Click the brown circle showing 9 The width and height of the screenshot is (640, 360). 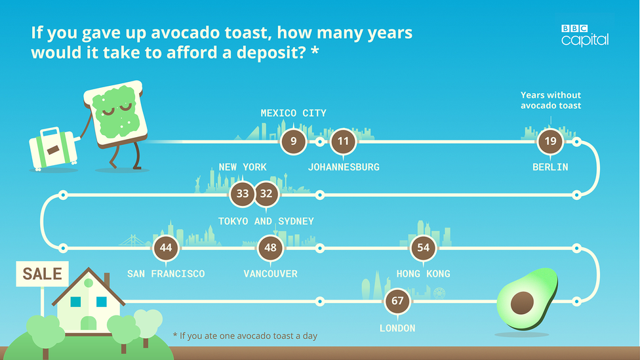click(x=293, y=142)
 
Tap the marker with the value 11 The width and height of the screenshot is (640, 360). click(x=343, y=142)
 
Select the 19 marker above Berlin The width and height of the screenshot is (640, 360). click(x=550, y=142)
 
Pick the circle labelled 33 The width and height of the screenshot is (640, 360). click(x=243, y=193)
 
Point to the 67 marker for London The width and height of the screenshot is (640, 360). click(x=397, y=301)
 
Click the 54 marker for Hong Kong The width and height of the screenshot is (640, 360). click(x=423, y=248)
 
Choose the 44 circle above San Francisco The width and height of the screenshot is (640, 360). click(x=166, y=248)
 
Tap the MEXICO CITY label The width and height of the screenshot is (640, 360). click(x=294, y=113)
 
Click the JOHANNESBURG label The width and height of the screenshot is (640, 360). click(x=344, y=167)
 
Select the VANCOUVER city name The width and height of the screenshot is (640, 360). click(x=271, y=274)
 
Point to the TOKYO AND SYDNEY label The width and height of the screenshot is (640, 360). click(x=266, y=221)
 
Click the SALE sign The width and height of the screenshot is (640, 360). click(x=43, y=273)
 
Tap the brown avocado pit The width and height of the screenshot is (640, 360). click(x=522, y=303)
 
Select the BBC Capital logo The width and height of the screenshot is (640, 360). click(x=585, y=35)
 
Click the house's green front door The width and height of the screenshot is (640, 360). click(x=89, y=323)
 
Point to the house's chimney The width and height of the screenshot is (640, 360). click(x=107, y=281)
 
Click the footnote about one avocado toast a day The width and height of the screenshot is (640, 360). click(x=245, y=336)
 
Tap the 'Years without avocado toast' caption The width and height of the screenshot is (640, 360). click(x=551, y=100)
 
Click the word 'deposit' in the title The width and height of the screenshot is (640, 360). click(x=270, y=53)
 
